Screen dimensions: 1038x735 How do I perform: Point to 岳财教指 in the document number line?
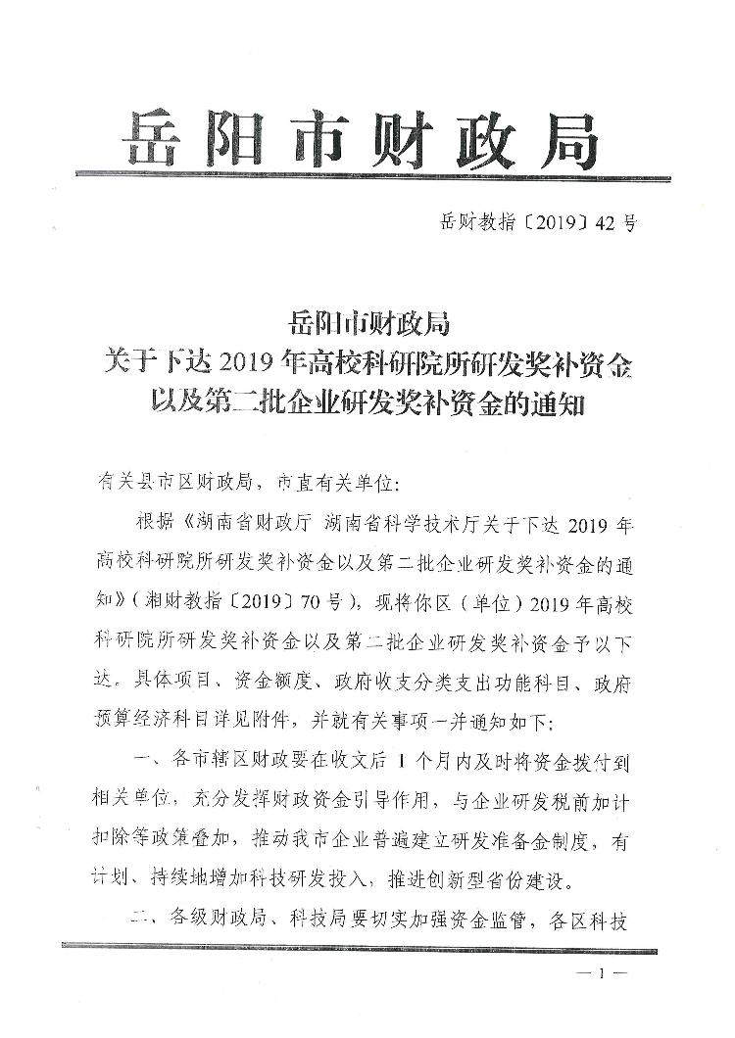click(474, 222)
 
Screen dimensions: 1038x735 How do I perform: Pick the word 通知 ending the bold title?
click(554, 406)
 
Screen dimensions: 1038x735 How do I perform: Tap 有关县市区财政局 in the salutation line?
click(180, 482)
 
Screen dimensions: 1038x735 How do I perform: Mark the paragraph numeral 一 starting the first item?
click(140, 762)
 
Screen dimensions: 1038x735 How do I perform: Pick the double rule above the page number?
click(367, 945)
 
